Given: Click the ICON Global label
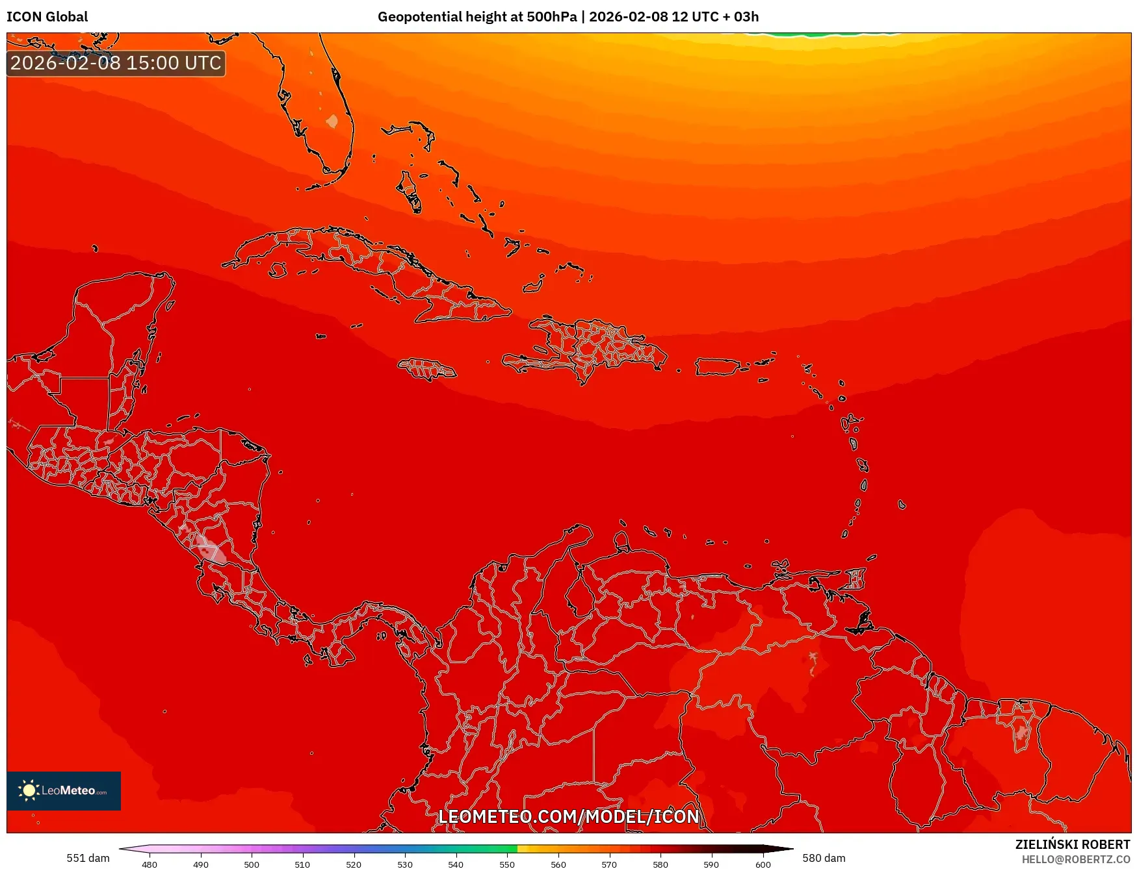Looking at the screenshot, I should [x=47, y=17].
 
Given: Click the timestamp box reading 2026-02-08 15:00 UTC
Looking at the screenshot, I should [x=116, y=63].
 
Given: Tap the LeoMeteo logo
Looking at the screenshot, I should [x=63, y=790].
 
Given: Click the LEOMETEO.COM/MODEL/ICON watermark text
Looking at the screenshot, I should [x=568, y=816].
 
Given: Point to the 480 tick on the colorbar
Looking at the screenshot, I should [x=150, y=864].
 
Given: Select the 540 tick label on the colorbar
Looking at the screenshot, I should [x=456, y=864].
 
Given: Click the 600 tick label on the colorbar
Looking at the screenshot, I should [x=763, y=864].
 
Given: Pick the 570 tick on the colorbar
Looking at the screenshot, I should [x=609, y=864].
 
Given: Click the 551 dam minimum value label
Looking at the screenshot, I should [x=88, y=858].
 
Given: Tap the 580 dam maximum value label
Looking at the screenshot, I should [x=824, y=858].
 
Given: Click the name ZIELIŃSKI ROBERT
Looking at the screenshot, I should [x=1073, y=844].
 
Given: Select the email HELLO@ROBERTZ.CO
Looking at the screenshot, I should [x=1075, y=859].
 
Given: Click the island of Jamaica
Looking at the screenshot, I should [x=427, y=370].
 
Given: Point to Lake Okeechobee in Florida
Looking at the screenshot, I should [x=332, y=121].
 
